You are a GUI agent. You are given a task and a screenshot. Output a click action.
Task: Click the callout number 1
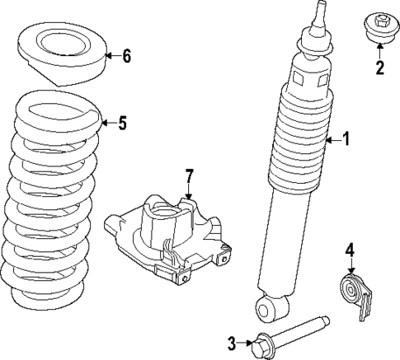(346, 140)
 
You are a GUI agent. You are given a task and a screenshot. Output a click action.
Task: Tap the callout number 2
(380, 68)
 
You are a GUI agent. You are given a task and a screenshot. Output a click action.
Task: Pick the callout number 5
(122, 124)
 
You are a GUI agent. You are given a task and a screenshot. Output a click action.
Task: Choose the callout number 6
(125, 57)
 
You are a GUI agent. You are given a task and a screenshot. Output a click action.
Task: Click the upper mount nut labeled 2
(380, 26)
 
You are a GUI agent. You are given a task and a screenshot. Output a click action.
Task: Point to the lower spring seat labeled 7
(169, 235)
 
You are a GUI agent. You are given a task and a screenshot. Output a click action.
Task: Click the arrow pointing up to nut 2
(380, 51)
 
